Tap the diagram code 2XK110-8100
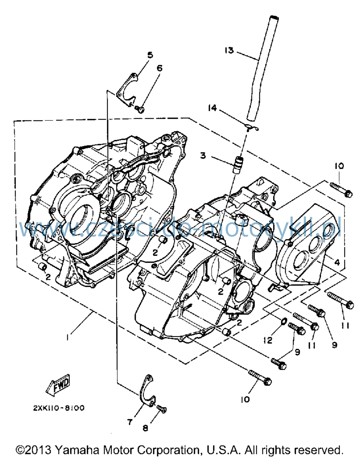[x=59, y=408]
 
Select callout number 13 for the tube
[x=229, y=50]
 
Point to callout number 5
[x=150, y=55]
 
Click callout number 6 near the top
[x=159, y=68]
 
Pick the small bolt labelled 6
[x=140, y=110]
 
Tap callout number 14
[x=212, y=108]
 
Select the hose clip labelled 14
[x=252, y=128]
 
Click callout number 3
[x=203, y=156]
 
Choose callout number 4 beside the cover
[x=337, y=262]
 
